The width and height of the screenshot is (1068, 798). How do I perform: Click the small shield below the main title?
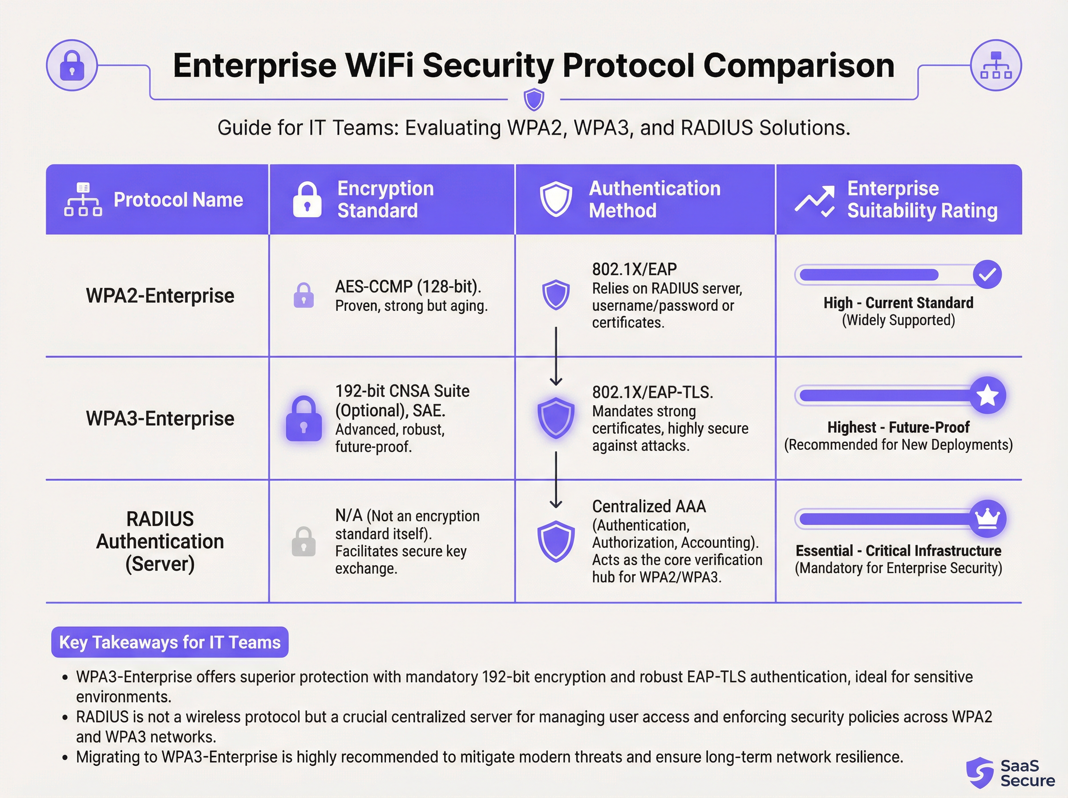(x=534, y=99)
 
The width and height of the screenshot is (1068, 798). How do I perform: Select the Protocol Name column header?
(x=178, y=200)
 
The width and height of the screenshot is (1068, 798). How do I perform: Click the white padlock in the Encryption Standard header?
(x=307, y=199)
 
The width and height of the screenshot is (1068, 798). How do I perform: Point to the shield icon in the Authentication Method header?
(x=556, y=199)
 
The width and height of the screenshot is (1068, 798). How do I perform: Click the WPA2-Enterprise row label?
(x=160, y=296)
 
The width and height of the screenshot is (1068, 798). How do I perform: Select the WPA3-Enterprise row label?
(x=160, y=418)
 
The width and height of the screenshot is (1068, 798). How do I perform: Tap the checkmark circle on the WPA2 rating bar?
(x=987, y=274)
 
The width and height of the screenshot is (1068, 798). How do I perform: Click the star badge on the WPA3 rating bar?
(x=987, y=395)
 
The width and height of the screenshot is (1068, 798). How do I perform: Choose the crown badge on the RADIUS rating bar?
(x=987, y=519)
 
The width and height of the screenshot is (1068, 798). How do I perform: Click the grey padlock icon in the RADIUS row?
(x=303, y=541)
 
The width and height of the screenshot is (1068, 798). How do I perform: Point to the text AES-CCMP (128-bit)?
(x=408, y=286)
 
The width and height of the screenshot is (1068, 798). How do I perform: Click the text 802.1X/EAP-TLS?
(x=652, y=392)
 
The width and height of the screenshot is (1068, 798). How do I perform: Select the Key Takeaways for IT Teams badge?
(x=170, y=642)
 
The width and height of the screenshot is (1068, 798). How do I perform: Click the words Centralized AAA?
(x=649, y=506)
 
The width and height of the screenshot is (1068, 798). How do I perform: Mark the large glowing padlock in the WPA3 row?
(x=303, y=419)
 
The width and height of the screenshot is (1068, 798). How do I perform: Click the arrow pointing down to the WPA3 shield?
(x=556, y=358)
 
